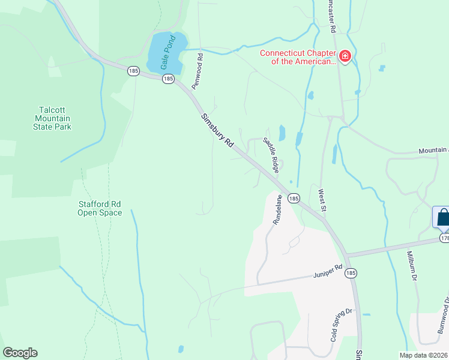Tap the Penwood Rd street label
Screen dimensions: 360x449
197,71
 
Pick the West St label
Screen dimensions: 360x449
322,200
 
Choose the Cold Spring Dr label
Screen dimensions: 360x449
340,325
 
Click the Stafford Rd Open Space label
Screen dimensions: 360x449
100,208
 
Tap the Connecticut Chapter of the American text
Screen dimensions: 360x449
297,57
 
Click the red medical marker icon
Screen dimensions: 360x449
345,57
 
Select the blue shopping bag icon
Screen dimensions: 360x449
442,217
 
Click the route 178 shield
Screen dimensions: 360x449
444,238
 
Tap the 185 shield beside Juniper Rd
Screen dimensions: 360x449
351,273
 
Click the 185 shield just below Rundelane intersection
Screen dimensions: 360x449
294,198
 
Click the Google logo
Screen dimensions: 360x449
20,353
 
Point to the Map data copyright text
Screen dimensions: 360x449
424,355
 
